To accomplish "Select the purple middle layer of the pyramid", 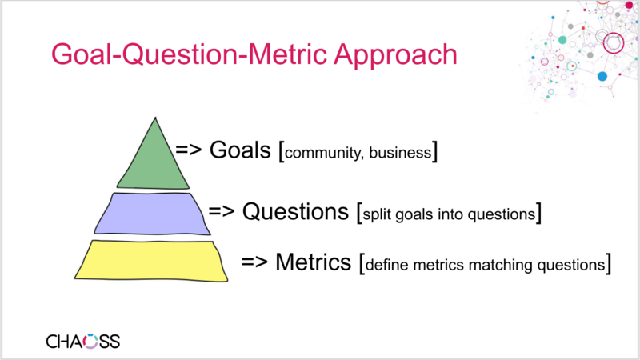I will pyautogui.click(x=151, y=214).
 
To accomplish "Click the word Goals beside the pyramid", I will pyautogui.click(x=240, y=150).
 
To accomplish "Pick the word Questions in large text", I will pyautogui.click(x=297, y=212).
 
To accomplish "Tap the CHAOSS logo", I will pyautogui.click(x=82, y=342).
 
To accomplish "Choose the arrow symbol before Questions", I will pyautogui.click(x=222, y=212).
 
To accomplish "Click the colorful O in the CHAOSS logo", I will pyautogui.click(x=91, y=342).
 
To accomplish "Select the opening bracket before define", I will pyautogui.click(x=362, y=262).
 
